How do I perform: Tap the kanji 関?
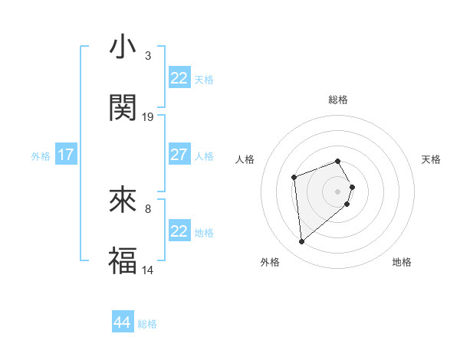pyautogui.click(x=123, y=108)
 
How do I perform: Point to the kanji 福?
pyautogui.click(x=123, y=261)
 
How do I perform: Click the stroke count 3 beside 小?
pyautogui.click(x=147, y=55)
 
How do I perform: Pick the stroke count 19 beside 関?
pyautogui.click(x=148, y=116)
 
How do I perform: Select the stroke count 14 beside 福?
pyautogui.click(x=148, y=270)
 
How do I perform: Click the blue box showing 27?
pyautogui.click(x=179, y=155)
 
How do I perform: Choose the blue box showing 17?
pyautogui.click(x=66, y=155)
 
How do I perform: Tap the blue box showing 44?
pyautogui.click(x=122, y=322)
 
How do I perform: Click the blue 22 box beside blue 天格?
pyautogui.click(x=179, y=78)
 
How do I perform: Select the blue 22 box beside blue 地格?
pyautogui.click(x=179, y=231)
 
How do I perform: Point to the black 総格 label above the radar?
pyautogui.click(x=337, y=100)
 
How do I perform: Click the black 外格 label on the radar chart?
pyautogui.click(x=270, y=263)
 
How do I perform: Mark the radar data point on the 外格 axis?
pyautogui.click(x=302, y=242)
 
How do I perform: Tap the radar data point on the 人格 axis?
pyautogui.click(x=294, y=178)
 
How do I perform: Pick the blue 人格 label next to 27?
pyautogui.click(x=204, y=155)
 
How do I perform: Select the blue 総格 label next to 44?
pyautogui.click(x=147, y=324)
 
